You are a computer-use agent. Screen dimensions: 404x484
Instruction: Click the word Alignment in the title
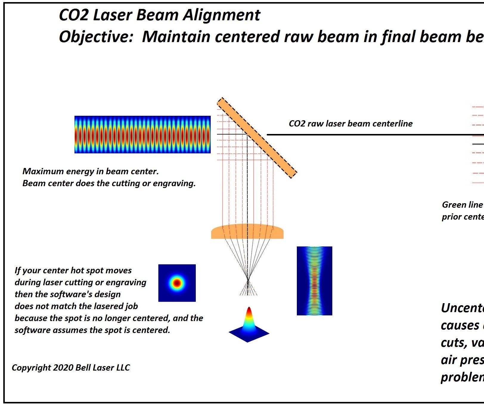(x=221, y=15)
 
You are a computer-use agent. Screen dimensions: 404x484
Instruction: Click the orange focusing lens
(x=247, y=232)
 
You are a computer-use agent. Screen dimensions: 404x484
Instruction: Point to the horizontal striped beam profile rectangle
(x=142, y=135)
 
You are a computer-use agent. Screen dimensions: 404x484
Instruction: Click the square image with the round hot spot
(x=177, y=283)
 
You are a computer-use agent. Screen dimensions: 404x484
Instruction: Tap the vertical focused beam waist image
(x=314, y=281)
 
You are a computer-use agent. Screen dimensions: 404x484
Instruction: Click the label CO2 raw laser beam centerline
(x=350, y=124)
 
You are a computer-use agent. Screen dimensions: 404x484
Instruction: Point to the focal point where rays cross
(x=248, y=280)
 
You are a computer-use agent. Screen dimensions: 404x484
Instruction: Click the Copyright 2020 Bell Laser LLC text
(x=71, y=368)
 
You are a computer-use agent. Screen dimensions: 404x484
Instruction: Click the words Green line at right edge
(x=462, y=205)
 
